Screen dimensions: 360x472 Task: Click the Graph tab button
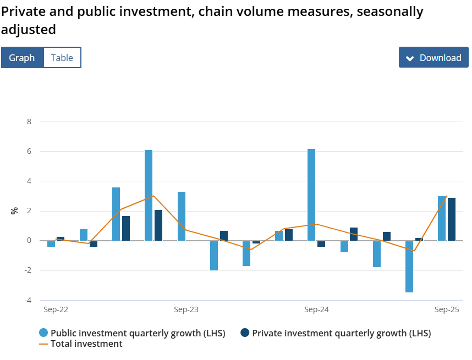tap(22, 58)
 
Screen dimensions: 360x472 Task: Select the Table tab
tap(62, 58)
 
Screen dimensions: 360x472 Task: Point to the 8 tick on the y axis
tap(29, 121)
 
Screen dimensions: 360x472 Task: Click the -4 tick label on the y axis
tap(28, 300)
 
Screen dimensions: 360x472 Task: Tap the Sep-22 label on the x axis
tap(56, 310)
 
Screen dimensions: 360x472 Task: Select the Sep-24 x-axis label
tap(316, 310)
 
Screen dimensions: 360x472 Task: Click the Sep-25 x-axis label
tap(447, 310)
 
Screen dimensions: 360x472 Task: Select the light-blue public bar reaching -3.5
tap(409, 267)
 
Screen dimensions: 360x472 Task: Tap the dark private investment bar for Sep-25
tap(452, 219)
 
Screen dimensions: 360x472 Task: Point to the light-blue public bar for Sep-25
tap(442, 218)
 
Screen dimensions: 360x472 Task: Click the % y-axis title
tap(15, 210)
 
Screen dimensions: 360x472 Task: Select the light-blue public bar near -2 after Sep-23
tap(214, 256)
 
